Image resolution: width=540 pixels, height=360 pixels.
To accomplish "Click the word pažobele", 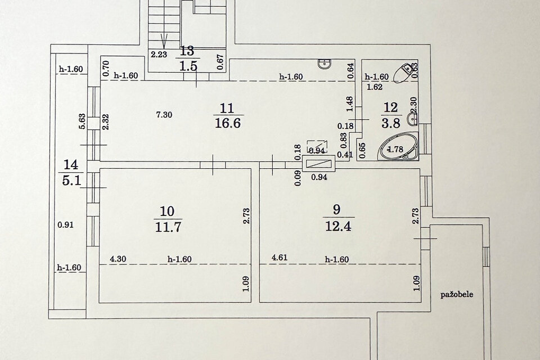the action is (457, 295).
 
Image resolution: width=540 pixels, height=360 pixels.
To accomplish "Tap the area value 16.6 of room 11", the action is (228, 123).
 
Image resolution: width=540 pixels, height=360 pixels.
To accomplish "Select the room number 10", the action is (168, 211).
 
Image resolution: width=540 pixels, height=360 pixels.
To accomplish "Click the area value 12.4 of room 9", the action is (338, 226).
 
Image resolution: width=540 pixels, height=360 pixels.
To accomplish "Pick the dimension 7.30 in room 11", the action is (164, 115).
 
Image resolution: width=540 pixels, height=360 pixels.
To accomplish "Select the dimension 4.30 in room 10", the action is (118, 259).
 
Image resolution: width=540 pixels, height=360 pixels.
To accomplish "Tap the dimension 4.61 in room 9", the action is (280, 258).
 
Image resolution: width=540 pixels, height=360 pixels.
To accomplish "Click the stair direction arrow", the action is (164, 40).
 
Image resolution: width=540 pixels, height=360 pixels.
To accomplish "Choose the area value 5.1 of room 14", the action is (71, 180).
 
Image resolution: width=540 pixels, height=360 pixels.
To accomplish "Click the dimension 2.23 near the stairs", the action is (159, 54).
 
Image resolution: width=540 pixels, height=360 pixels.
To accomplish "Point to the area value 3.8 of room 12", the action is (391, 123).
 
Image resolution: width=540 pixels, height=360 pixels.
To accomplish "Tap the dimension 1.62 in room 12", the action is (375, 87).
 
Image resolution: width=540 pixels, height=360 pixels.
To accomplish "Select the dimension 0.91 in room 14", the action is (65, 225).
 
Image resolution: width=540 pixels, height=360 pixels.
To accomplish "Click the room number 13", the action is (187, 51).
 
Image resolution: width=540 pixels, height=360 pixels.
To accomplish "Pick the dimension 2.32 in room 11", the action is (106, 122).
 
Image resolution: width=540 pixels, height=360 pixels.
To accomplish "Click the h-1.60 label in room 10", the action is (179, 259).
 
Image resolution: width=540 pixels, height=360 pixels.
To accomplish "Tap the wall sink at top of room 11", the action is (325, 64).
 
